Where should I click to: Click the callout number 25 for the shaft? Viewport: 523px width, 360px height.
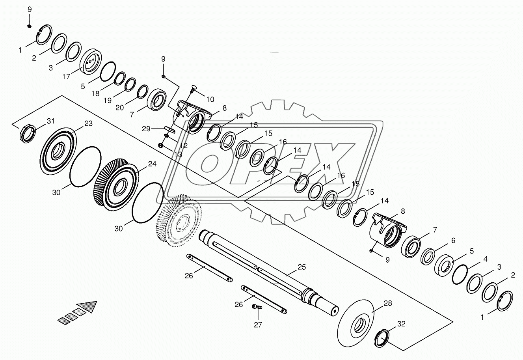pos(302,267)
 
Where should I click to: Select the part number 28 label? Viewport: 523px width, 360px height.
pos(388,303)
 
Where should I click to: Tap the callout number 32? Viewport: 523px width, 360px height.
pos(401,324)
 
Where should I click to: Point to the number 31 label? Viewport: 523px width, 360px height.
pos(51,121)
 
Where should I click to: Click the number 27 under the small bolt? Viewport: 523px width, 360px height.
pos(258,325)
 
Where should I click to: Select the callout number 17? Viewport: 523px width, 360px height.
pos(66,76)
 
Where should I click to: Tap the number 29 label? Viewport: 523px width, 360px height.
pos(146,129)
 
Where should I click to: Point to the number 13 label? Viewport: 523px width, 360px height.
pos(178,155)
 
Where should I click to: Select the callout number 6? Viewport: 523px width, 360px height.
pos(453,241)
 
